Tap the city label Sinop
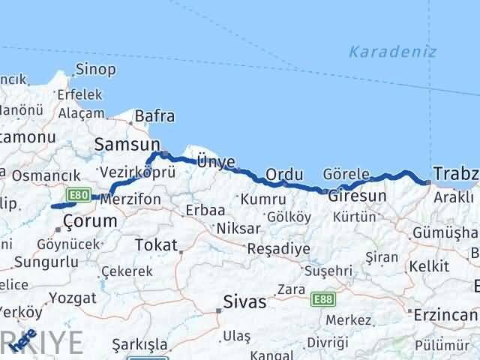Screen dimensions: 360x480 [94, 70]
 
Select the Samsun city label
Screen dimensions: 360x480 [127, 143]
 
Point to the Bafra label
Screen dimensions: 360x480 [154, 116]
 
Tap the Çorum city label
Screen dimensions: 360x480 [90, 221]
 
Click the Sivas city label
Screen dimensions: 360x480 [244, 302]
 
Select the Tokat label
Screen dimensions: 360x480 [157, 245]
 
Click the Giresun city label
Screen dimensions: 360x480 [357, 196]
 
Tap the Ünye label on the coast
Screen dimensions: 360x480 [215, 161]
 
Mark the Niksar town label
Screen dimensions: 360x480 [238, 228]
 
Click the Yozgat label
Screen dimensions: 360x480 [73, 298]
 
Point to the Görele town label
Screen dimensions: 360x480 [346, 174]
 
